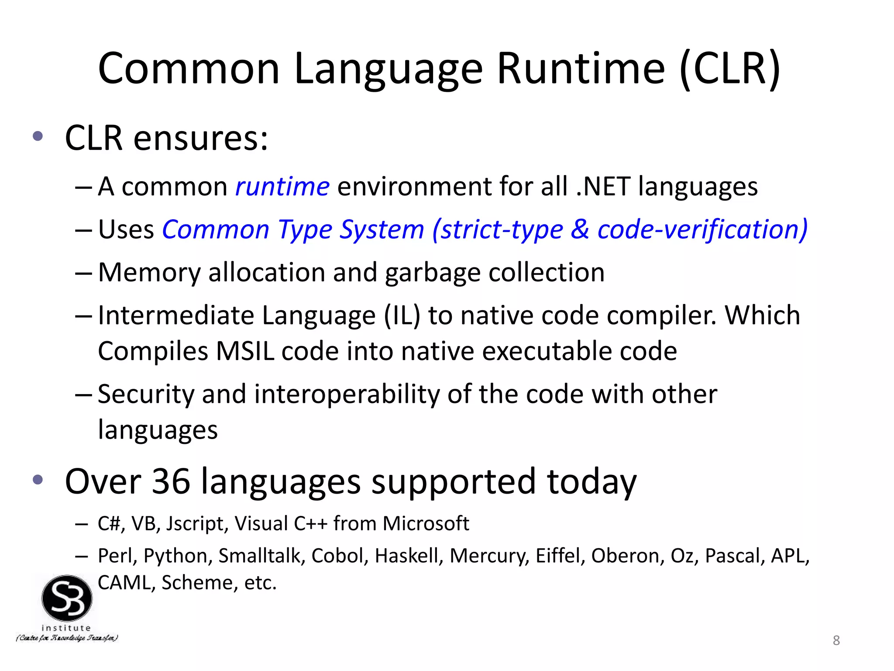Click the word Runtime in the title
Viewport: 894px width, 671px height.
point(581,69)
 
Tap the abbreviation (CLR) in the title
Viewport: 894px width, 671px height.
point(730,69)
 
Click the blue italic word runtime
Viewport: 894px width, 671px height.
point(282,187)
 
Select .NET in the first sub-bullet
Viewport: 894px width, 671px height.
point(603,187)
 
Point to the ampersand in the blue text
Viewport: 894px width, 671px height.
point(580,229)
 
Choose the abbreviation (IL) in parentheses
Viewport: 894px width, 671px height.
point(402,315)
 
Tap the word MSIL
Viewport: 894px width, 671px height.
point(245,351)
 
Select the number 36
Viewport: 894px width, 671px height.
point(171,481)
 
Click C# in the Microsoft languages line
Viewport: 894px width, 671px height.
point(108,523)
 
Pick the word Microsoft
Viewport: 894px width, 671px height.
point(426,523)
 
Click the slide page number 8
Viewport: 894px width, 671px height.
point(836,640)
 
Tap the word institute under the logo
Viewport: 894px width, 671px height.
point(66,628)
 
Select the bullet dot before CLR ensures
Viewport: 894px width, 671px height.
point(38,136)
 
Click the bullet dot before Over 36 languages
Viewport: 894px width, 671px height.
point(38,480)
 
